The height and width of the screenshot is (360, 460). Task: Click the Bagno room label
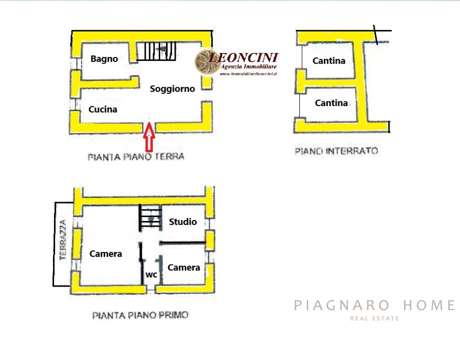coord(104,59)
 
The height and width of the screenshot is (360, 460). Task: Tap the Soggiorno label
coord(172,89)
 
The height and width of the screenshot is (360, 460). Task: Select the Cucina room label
coord(103,109)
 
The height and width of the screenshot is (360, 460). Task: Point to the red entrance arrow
coord(149,137)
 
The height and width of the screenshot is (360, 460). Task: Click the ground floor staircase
coord(156,51)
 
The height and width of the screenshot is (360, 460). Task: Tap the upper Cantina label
coord(328,60)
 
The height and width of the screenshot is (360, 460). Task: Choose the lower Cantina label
coord(331,103)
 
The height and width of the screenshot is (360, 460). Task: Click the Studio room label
coord(183,221)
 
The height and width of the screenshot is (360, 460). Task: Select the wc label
coord(151,274)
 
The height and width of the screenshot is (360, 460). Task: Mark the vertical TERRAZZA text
coord(63,240)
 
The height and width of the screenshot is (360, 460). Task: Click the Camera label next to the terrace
coord(106,253)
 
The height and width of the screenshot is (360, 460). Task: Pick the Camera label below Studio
coord(184,267)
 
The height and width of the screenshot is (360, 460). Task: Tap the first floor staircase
coord(151,217)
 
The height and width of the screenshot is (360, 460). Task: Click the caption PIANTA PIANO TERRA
coord(136,157)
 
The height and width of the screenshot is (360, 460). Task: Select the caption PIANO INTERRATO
coord(336,151)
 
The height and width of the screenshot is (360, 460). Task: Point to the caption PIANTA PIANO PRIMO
coord(140,315)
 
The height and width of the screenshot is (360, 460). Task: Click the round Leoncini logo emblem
coord(207,62)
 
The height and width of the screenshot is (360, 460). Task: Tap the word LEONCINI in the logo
coord(244,57)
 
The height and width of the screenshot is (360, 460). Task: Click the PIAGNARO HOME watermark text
coord(374,305)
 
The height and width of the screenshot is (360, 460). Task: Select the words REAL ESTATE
coord(374,318)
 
